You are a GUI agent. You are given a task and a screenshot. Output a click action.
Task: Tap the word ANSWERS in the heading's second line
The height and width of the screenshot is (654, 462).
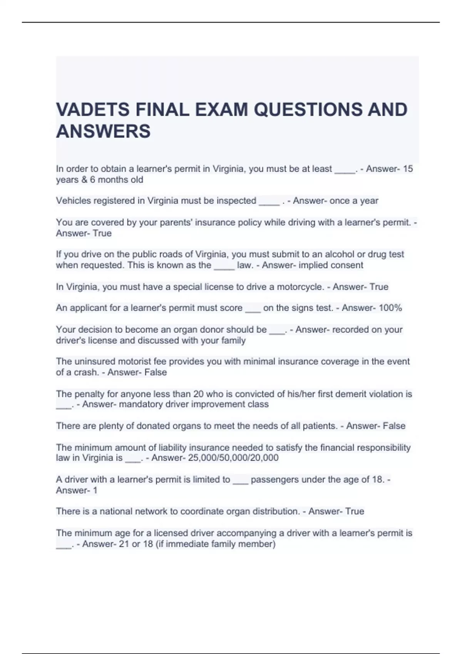(x=103, y=131)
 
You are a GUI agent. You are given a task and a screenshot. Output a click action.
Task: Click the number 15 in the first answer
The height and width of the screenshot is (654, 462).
(x=408, y=169)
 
